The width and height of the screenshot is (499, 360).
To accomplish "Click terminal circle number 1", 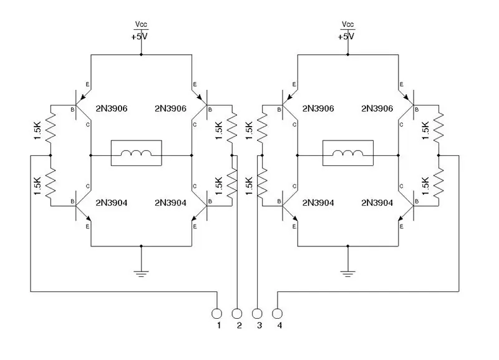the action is tap(216, 314).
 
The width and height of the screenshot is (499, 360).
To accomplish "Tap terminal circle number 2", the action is tap(237, 314).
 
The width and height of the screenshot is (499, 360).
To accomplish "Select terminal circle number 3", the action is tap(257, 314).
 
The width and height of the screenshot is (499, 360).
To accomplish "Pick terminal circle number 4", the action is tap(277, 314).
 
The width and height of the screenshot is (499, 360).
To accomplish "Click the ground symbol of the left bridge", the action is tap(142, 273).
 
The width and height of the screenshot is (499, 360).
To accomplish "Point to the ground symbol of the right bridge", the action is tap(348, 273).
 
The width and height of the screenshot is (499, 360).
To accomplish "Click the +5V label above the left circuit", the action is tap(139, 37).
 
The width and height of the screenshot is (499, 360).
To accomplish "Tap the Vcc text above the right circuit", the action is tap(347, 24).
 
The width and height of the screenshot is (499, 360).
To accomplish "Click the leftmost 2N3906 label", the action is tap(112, 109).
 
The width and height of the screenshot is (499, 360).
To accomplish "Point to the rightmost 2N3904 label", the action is tap(377, 203).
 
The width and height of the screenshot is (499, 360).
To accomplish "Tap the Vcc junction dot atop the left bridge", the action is tap(142, 55).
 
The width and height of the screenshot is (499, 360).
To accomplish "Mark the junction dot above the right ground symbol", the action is tap(348, 246).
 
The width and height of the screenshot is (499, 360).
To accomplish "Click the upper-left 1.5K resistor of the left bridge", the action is tap(51, 129).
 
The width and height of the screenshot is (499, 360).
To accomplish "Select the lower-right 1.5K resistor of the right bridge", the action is tap(438, 183).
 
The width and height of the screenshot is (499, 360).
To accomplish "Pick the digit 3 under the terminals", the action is tap(259, 325).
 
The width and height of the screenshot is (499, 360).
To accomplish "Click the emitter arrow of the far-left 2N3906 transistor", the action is tap(84, 97).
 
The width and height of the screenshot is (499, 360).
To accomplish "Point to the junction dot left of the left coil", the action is tap(90, 155).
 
